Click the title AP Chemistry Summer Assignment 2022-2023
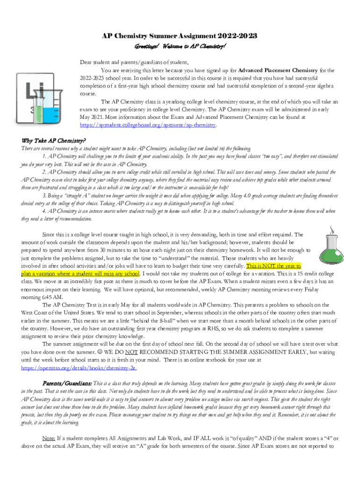180,36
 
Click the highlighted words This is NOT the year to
271,265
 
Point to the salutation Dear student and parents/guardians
134,62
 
